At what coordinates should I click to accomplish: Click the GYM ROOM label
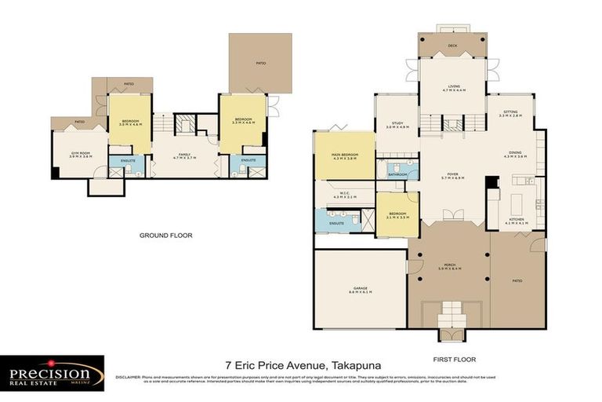(81, 154)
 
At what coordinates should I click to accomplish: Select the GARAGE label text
(360, 289)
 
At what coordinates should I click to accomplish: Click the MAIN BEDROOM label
(346, 155)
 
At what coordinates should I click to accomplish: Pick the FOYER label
(453, 174)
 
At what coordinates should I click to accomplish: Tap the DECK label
(453, 46)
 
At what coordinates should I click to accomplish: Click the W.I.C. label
(345, 193)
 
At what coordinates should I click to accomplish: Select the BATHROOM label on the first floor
(397, 174)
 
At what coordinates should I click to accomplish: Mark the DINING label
(515, 153)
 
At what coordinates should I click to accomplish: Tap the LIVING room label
(453, 87)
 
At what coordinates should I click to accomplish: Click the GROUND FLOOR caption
(165, 236)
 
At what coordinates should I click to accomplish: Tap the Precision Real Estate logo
(53, 373)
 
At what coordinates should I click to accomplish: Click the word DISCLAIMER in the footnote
(129, 378)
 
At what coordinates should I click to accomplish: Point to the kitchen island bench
(516, 205)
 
